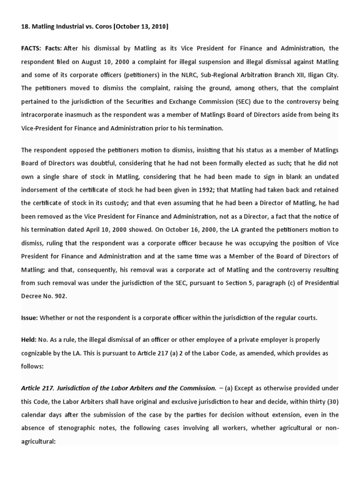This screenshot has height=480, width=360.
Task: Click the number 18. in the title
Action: point(25,27)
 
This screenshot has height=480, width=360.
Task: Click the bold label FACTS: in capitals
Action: point(31,48)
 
